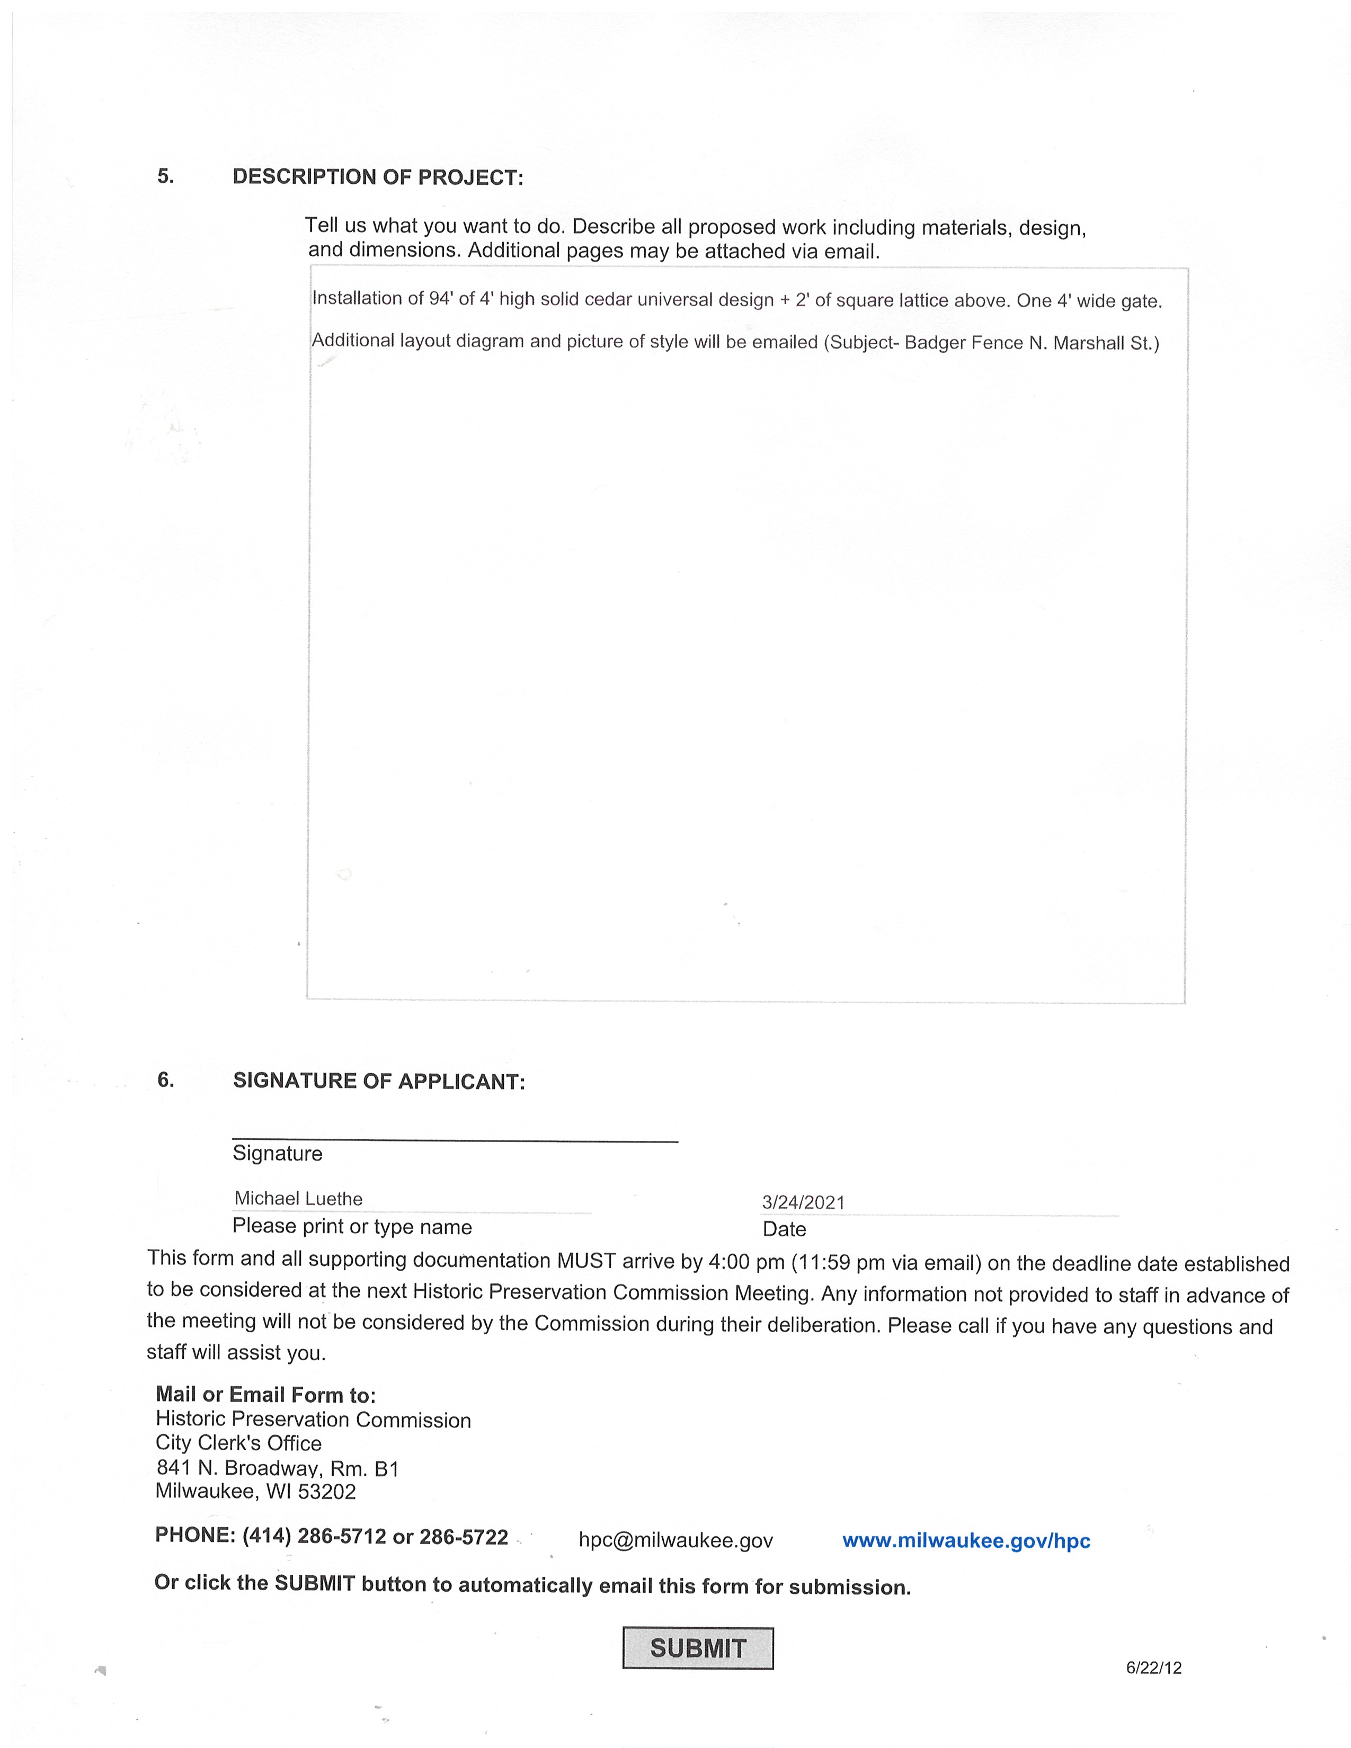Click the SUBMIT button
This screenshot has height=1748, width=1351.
(x=697, y=1648)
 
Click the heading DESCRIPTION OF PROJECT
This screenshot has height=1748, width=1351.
(x=378, y=177)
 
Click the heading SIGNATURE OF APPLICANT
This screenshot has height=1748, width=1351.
(x=379, y=1081)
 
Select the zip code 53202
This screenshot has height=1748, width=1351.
(x=326, y=1492)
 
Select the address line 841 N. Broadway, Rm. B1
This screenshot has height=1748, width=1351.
(x=277, y=1468)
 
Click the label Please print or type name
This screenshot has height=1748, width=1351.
(x=352, y=1227)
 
